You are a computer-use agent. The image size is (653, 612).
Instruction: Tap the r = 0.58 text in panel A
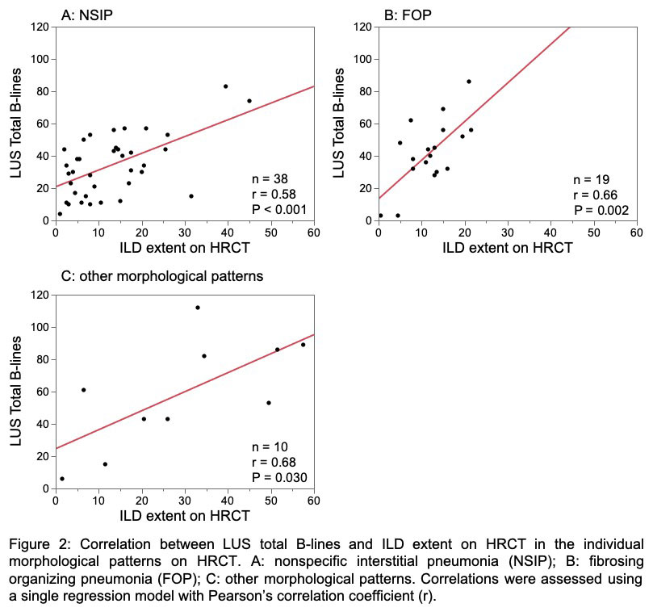tap(274, 194)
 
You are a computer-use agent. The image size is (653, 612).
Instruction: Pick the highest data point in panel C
tap(197, 308)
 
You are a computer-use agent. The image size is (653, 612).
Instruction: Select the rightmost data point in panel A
tap(249, 101)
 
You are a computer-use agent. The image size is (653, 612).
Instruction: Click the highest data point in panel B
tap(469, 82)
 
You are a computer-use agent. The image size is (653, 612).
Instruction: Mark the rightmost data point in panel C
tap(303, 345)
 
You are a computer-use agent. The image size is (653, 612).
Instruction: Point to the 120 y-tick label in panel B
tap(363, 27)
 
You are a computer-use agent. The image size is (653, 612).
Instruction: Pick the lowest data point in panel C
tap(62, 479)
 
